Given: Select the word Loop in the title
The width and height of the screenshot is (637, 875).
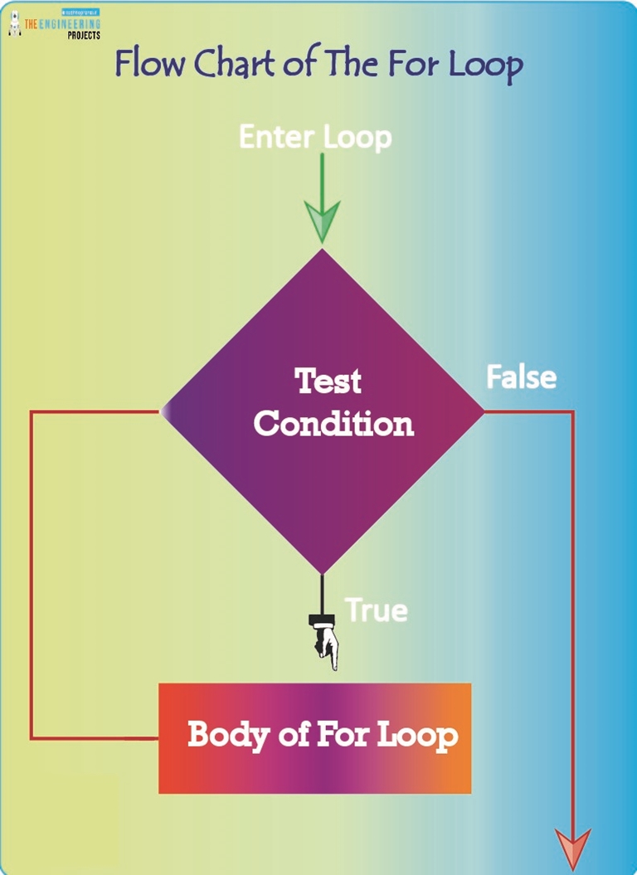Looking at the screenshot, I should click(x=487, y=65).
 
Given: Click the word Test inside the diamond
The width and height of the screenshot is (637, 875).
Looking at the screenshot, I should click(x=328, y=381).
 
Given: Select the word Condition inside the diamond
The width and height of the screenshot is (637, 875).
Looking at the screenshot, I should click(x=333, y=424).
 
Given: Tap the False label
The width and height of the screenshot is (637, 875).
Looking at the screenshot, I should click(x=521, y=377).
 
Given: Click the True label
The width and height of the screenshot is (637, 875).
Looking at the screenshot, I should click(x=377, y=610).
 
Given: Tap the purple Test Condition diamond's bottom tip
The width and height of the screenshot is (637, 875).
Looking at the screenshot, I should click(x=322, y=573).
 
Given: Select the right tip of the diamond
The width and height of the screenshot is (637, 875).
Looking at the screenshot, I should click(x=482, y=411).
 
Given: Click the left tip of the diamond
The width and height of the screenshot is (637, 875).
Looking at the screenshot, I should click(x=162, y=411).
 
